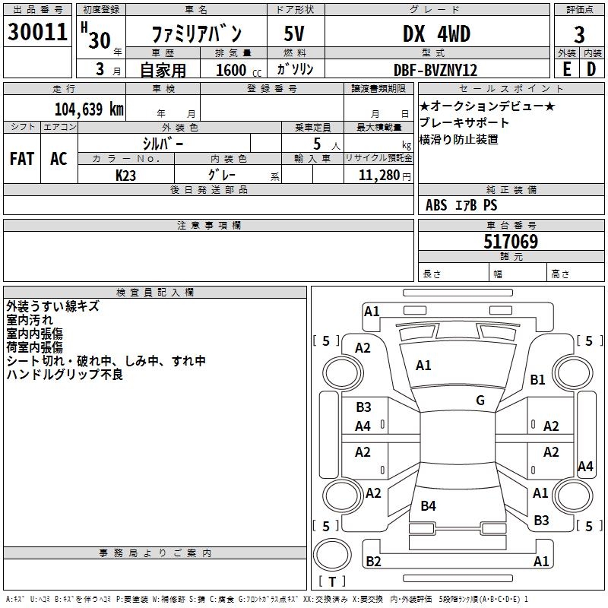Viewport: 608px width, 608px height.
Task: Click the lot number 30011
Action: [x=37, y=32]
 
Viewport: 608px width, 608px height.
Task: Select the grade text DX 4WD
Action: [x=436, y=33]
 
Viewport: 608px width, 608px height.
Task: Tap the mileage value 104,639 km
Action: [x=89, y=109]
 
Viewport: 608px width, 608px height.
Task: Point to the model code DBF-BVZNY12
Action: [x=435, y=70]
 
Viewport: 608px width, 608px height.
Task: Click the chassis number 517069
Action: [x=511, y=242]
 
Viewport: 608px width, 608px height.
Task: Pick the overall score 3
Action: [x=579, y=35]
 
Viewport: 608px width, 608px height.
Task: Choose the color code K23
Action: [x=125, y=176]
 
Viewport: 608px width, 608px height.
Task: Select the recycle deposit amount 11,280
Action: [x=378, y=176]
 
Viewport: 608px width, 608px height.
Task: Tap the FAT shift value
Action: [x=22, y=159]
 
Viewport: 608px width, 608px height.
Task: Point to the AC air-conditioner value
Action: [x=59, y=159]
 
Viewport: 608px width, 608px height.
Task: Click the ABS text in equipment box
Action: [x=436, y=205]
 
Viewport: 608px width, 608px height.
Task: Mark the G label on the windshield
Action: [x=480, y=400]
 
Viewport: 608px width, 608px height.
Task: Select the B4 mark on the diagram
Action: [x=428, y=505]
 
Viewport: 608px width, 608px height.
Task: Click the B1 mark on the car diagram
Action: [x=537, y=379]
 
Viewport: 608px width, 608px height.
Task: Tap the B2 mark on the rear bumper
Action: [x=373, y=561]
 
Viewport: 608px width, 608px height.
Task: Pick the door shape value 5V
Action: [x=294, y=33]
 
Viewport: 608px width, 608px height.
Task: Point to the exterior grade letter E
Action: [x=566, y=69]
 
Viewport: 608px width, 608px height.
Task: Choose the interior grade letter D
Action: [x=591, y=69]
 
